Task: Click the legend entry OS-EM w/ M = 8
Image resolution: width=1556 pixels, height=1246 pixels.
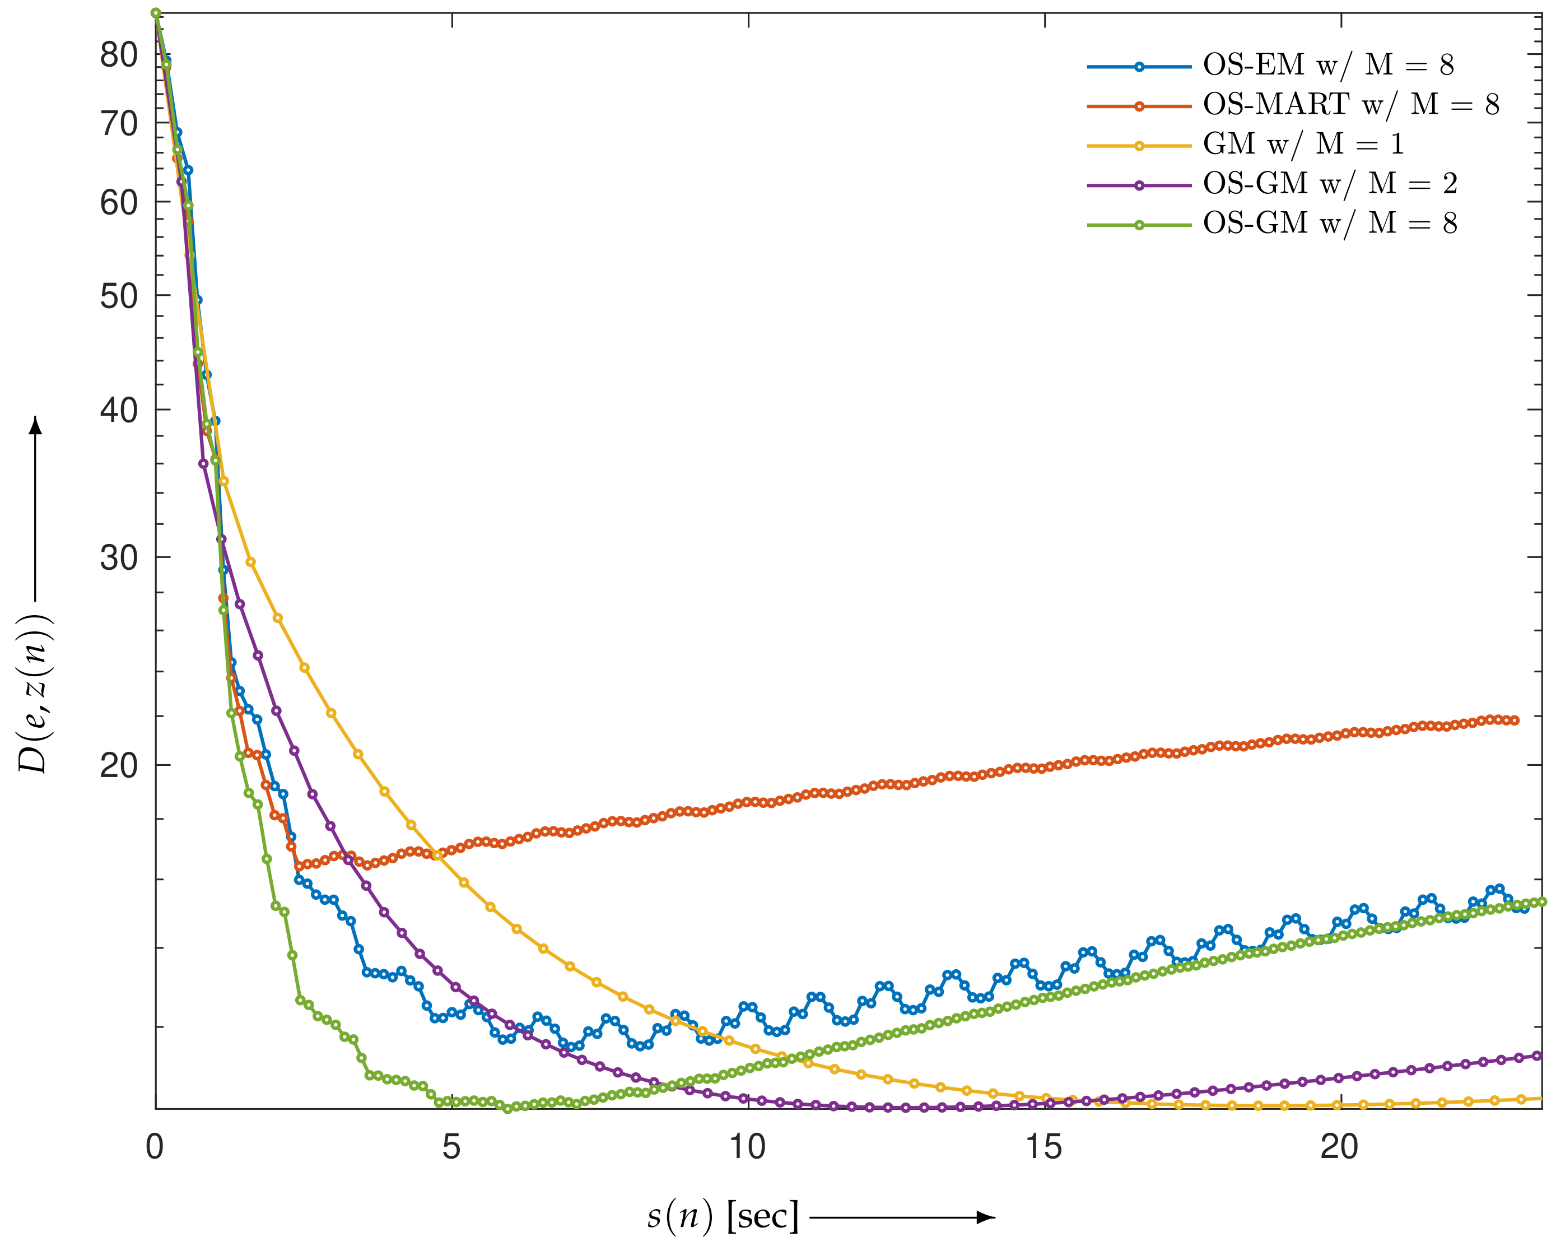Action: click(1327, 66)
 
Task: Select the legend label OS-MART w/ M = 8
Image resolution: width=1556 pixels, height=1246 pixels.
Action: click(1350, 105)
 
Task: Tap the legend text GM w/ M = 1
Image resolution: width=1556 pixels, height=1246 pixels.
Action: click(1303, 145)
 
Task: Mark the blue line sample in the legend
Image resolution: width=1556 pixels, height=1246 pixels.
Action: click(1139, 67)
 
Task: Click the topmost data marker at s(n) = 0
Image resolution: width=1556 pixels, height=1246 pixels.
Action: click(155, 13)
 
